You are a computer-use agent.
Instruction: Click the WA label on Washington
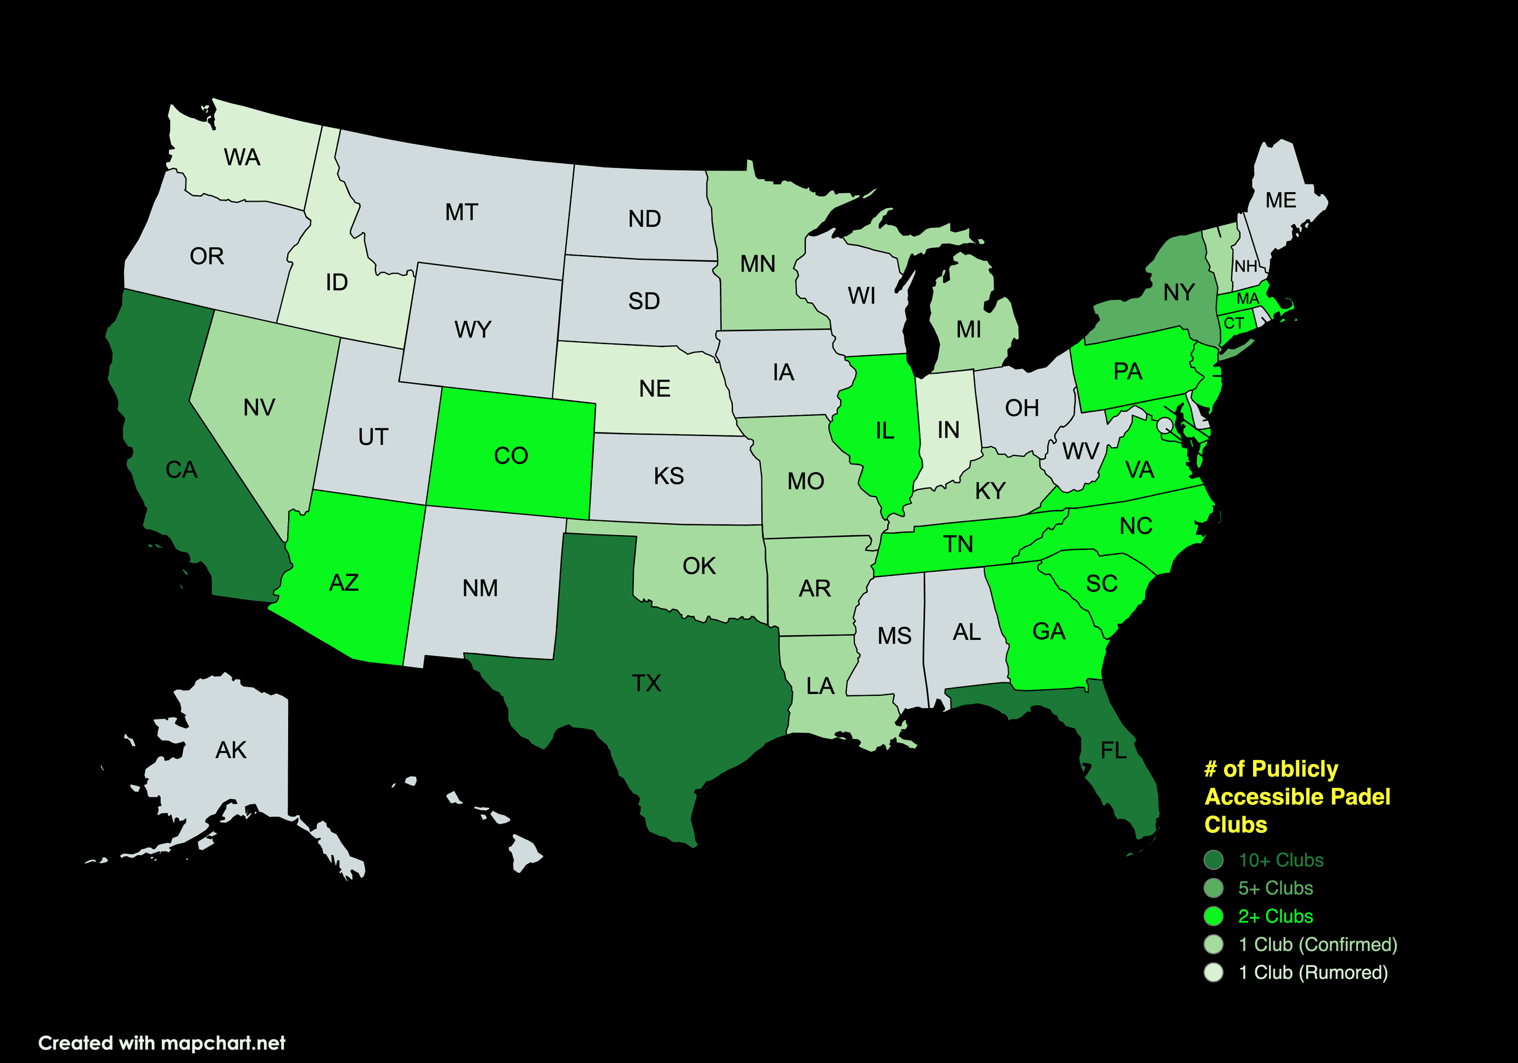click(x=242, y=157)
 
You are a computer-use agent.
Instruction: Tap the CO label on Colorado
click(x=511, y=456)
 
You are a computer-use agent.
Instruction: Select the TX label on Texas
click(x=646, y=683)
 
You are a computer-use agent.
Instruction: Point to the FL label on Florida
click(x=1114, y=750)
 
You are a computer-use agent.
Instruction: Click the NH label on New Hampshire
click(x=1246, y=266)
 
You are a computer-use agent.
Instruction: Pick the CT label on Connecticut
click(x=1234, y=323)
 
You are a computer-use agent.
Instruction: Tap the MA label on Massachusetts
click(x=1248, y=299)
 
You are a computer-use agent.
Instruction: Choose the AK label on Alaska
click(x=231, y=750)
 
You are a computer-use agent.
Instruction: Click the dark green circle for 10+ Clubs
click(x=1214, y=860)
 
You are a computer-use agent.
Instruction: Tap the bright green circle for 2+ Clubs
click(x=1214, y=916)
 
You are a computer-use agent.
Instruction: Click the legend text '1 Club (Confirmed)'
click(x=1318, y=944)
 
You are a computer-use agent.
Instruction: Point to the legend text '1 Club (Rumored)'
click(x=1313, y=972)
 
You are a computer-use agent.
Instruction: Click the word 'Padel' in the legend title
click(x=1361, y=797)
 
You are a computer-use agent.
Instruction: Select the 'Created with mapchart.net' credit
click(x=162, y=1043)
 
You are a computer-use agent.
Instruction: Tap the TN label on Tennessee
click(x=958, y=545)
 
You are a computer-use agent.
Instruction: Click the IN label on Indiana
click(x=948, y=430)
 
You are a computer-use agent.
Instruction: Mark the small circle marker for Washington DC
click(x=1164, y=425)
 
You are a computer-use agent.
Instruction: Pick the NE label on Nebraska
click(x=655, y=389)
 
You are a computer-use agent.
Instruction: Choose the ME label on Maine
click(x=1281, y=200)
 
